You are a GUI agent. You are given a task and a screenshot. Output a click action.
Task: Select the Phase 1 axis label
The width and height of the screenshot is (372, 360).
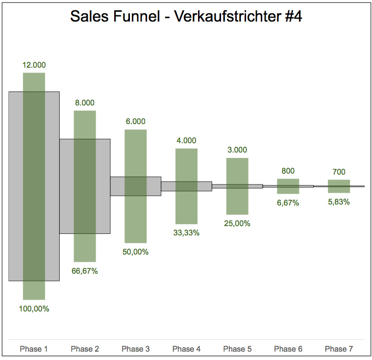[x=34, y=349]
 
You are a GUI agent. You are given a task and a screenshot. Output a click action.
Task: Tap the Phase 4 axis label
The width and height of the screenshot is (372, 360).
[x=186, y=349]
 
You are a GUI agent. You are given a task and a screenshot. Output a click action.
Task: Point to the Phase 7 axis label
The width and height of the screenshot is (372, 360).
[x=339, y=349]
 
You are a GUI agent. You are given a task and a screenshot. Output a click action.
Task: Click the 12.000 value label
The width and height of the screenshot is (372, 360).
[x=34, y=65]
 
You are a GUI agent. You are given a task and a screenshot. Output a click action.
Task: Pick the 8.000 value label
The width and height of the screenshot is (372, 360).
[x=85, y=103]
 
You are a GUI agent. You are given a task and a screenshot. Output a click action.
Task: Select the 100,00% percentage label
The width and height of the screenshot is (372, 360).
[x=34, y=309]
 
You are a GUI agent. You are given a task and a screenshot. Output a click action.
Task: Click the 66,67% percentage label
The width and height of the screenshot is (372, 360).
[x=85, y=271]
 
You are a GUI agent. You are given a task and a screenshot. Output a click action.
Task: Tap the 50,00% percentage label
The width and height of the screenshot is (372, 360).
[x=136, y=252]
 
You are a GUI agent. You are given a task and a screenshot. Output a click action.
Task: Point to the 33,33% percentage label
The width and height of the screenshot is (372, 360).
[x=186, y=233]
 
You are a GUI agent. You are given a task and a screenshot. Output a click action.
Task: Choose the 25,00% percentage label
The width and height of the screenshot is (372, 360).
[x=237, y=224]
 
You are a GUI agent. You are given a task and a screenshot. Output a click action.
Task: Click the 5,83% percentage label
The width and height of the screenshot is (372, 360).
[x=339, y=202]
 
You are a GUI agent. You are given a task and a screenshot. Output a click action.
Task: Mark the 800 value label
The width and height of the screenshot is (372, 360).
[x=288, y=171]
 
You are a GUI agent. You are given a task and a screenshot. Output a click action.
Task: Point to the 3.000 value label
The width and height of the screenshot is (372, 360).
[x=237, y=150]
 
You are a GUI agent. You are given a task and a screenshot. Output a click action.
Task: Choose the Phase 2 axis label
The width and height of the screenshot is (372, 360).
[x=85, y=349]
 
